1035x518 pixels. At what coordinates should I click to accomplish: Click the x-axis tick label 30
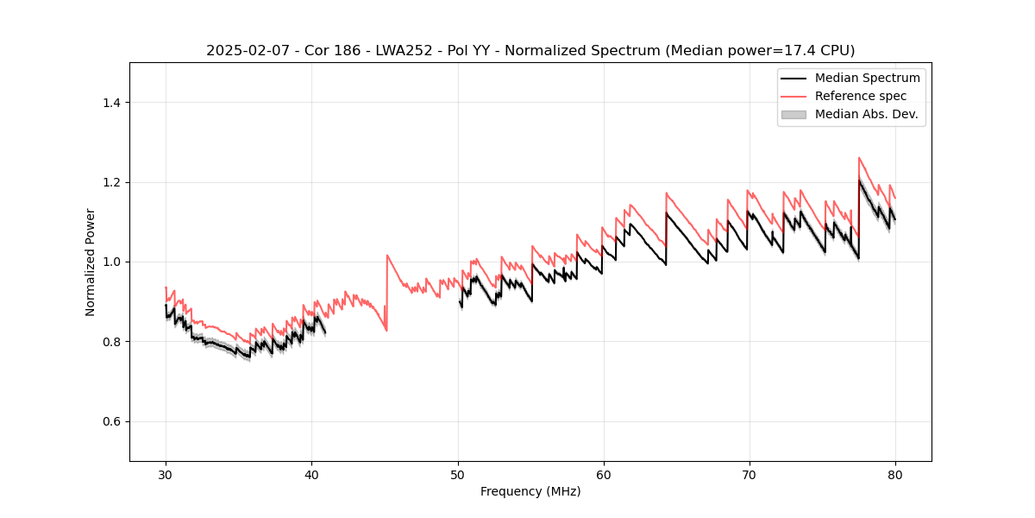(166, 475)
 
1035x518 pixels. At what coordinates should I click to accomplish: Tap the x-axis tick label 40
(311, 475)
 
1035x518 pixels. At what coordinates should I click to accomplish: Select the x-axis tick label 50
(458, 475)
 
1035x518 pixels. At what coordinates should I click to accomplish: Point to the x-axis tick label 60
(604, 475)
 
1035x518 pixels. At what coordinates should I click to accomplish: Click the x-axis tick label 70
(750, 475)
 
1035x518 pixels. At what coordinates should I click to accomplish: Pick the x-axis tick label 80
(895, 475)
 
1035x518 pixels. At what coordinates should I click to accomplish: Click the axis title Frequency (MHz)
(530, 491)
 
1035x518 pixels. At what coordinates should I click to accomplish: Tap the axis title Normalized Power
(91, 262)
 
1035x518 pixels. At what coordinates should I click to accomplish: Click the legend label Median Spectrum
(867, 78)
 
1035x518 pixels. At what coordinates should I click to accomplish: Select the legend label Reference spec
(861, 96)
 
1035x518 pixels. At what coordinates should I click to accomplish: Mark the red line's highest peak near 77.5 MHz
(859, 157)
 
